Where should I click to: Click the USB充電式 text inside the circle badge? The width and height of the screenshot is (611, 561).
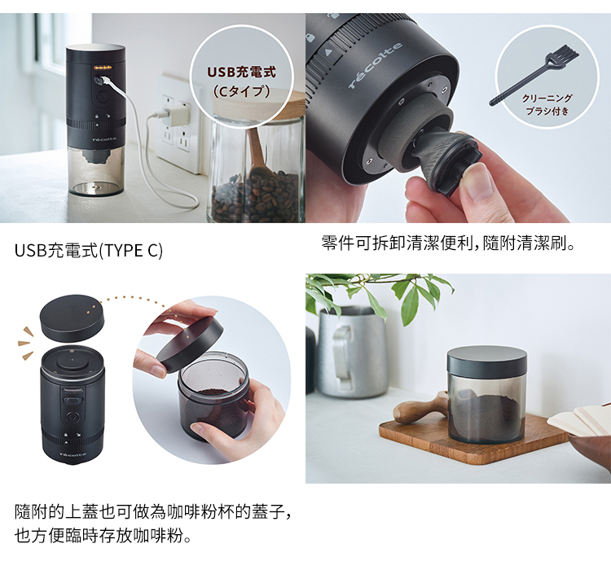[x=240, y=72]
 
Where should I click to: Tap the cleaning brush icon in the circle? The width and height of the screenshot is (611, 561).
[x=534, y=74]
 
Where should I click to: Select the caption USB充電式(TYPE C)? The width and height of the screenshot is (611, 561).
[x=89, y=249]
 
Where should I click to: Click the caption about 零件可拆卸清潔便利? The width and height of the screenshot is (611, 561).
[x=449, y=242]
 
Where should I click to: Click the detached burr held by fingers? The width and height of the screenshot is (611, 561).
[x=445, y=163]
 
